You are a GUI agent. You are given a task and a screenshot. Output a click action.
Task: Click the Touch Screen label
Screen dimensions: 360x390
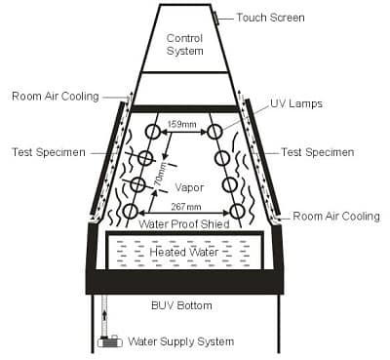pyautogui.click(x=270, y=18)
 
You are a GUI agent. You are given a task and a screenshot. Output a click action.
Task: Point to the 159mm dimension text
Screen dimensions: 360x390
pyautogui.click(x=181, y=124)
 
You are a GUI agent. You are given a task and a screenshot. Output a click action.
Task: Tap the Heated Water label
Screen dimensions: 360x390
pyautogui.click(x=183, y=252)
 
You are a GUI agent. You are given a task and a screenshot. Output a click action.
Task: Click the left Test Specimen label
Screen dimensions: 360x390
pyautogui.click(x=46, y=152)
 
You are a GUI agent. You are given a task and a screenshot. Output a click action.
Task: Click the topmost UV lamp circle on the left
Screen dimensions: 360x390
pyautogui.click(x=153, y=132)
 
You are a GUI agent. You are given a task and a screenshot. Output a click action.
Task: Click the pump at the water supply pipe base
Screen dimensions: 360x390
pyautogui.click(x=108, y=341)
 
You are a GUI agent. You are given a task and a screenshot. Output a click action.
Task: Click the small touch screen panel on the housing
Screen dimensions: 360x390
pyautogui.click(x=215, y=18)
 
